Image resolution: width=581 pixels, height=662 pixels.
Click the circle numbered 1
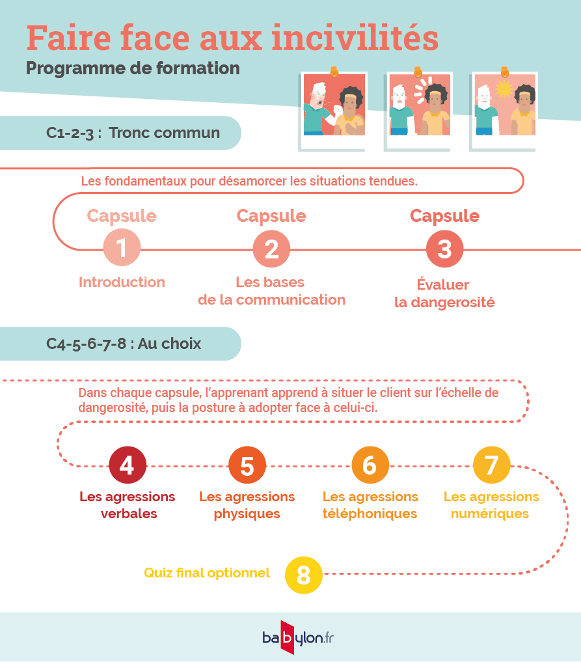coord(122,247)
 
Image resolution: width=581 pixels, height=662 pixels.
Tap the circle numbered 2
coord(271,249)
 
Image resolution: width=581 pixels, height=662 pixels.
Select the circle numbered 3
coord(445,249)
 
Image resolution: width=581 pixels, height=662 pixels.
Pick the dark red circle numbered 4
coord(128,465)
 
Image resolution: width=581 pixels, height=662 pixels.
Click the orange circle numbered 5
coord(247,465)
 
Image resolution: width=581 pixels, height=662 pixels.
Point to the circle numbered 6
coord(370,465)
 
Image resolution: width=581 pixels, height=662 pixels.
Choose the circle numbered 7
coord(492,465)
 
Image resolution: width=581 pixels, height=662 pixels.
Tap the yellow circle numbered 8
coord(303,575)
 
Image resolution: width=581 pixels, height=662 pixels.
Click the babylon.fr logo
coord(297,637)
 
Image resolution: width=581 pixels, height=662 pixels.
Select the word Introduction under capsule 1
coord(122,282)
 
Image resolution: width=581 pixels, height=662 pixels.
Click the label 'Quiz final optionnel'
coord(207,573)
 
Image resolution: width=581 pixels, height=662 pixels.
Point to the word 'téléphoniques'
coord(370,514)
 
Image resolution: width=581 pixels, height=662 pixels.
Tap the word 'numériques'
coord(490,514)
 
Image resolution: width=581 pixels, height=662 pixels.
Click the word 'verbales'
coord(129,514)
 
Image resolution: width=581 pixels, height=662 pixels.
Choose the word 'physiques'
coord(247,514)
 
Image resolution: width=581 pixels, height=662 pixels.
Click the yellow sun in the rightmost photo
coord(504,89)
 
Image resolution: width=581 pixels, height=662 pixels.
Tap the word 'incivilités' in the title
coord(355,38)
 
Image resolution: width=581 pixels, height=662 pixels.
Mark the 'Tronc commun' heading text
coord(164,133)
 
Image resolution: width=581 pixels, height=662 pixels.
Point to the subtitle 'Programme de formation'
coord(133,68)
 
